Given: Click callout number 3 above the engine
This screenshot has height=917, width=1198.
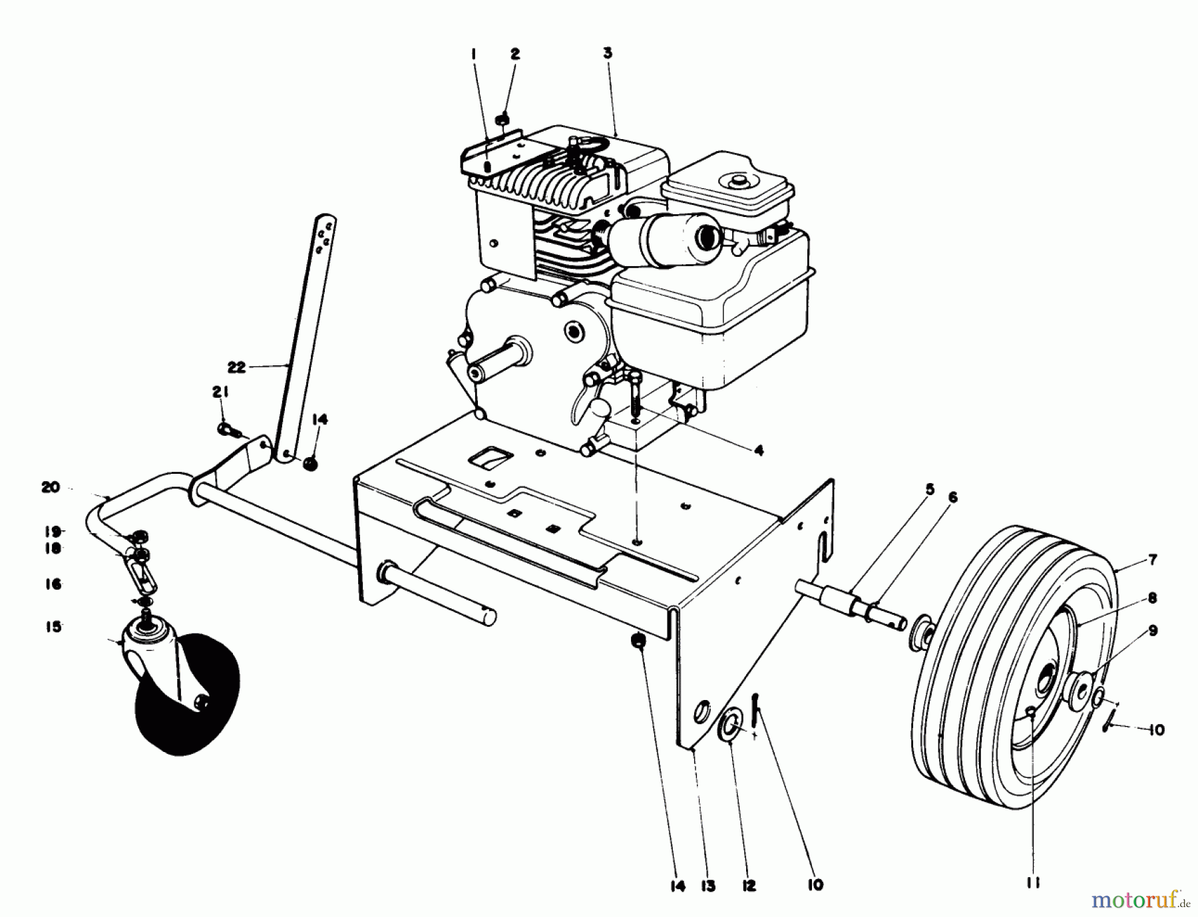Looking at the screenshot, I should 608,53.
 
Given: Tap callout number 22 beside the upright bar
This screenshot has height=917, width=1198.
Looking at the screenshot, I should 236,367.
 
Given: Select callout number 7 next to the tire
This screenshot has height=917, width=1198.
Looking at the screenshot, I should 1153,560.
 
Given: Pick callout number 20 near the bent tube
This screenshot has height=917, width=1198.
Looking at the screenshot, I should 51,488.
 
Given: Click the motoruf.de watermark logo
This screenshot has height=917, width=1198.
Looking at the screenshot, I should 1141,900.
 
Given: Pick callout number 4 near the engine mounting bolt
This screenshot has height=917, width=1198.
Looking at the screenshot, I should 758,451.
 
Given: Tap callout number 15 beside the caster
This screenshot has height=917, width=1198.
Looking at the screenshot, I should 53,627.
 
